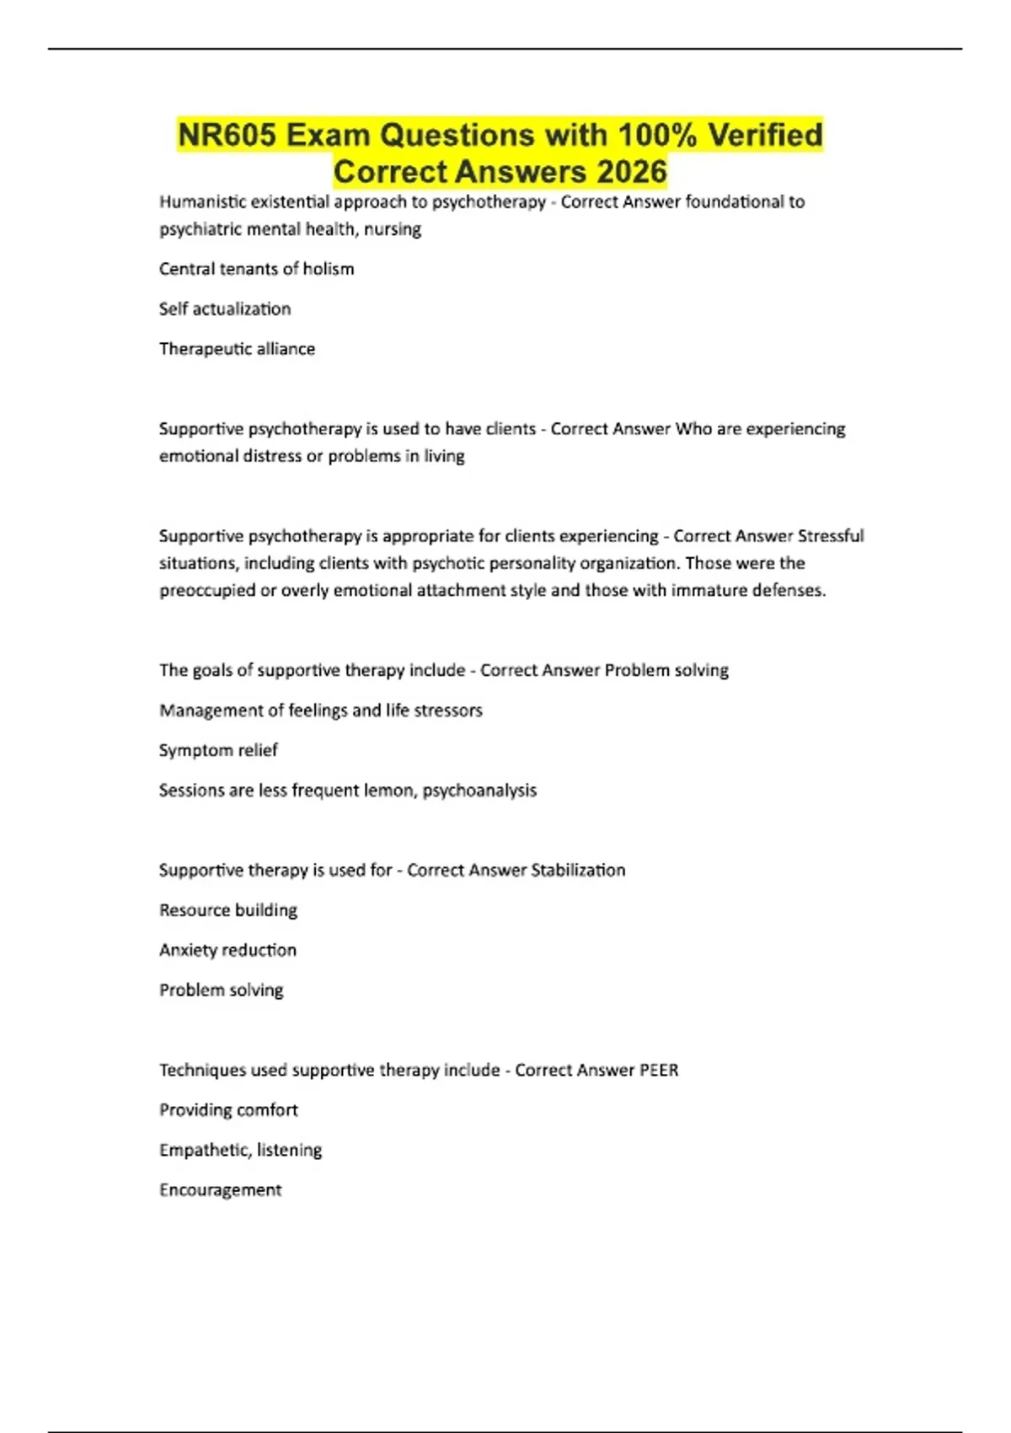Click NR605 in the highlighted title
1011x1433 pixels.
pos(227,135)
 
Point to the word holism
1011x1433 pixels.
pos(329,269)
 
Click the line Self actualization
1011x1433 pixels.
pos(225,309)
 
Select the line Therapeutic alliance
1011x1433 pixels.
pos(237,349)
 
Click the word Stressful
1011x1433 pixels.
pos(831,536)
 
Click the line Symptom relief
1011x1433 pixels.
pos(218,750)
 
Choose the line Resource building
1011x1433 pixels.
pos(228,910)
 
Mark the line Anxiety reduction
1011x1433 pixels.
pos(227,950)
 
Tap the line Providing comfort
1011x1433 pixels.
pos(228,1110)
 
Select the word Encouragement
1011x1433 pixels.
pos(220,1190)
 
